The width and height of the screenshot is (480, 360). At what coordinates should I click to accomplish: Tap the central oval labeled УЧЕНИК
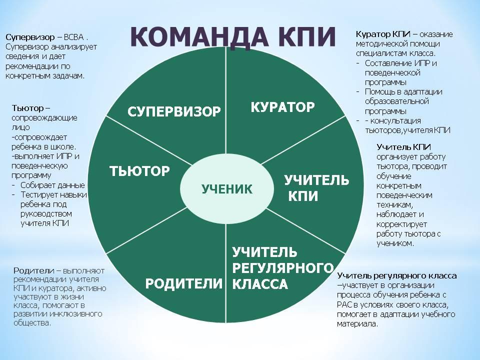point(226,189)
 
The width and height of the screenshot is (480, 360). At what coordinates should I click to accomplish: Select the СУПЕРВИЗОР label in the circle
point(174,111)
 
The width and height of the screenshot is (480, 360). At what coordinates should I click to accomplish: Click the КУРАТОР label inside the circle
point(282,107)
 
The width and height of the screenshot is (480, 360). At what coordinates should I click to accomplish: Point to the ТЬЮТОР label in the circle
point(139,171)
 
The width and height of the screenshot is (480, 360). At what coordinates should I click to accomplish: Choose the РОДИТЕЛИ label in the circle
point(183,283)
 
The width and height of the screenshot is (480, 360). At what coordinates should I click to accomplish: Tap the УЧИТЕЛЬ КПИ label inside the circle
point(316,188)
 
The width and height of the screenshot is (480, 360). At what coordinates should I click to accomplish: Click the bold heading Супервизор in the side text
point(30,37)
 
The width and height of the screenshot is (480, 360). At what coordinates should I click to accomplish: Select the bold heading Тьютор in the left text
point(28,108)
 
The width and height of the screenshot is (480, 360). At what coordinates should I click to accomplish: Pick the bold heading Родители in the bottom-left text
point(33,270)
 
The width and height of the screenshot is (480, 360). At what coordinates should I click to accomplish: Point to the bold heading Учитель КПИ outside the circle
point(404,147)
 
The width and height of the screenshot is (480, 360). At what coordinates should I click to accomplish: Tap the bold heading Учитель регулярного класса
point(396,276)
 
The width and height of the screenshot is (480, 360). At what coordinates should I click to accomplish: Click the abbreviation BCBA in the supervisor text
point(74,37)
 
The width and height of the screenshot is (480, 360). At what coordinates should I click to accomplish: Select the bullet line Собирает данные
point(52,185)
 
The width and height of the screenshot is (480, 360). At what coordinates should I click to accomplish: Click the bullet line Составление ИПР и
point(400,63)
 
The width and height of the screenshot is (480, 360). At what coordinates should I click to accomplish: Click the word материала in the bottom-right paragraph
point(357,324)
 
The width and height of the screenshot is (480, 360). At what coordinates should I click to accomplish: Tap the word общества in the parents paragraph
point(32,322)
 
